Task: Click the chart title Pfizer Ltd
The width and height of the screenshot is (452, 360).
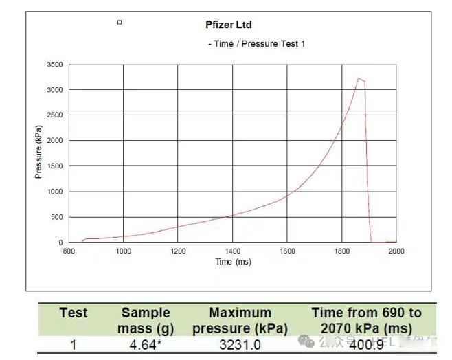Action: [x=229, y=25]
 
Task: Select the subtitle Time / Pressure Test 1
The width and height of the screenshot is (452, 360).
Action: [x=257, y=44]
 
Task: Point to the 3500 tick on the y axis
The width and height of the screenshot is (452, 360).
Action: [x=55, y=65]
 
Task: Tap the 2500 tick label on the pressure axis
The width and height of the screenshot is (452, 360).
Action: [x=55, y=115]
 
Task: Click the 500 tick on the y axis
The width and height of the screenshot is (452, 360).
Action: [x=57, y=217]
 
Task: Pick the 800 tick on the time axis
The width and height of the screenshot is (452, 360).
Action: [x=69, y=251]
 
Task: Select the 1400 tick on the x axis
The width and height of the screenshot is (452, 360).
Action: [x=232, y=251]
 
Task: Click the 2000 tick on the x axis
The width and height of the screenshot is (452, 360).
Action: [x=396, y=251]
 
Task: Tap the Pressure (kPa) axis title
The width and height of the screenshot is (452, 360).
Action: [x=39, y=153]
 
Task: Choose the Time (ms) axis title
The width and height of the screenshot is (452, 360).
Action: [x=234, y=262]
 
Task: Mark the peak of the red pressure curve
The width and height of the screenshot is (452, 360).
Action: [x=359, y=78]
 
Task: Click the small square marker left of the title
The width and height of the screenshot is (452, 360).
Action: [x=120, y=23]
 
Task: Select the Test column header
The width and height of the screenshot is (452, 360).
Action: [x=74, y=313]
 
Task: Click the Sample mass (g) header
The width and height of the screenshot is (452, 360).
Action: [x=145, y=321]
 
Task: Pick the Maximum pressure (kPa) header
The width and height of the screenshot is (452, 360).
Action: [x=240, y=321]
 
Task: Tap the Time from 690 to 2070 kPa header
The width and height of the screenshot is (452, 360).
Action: [x=366, y=321]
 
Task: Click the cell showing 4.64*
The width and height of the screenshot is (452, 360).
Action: [x=145, y=344]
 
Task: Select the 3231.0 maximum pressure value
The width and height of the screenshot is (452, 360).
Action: [x=240, y=344]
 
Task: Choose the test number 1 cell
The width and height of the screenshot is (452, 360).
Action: [x=74, y=344]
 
